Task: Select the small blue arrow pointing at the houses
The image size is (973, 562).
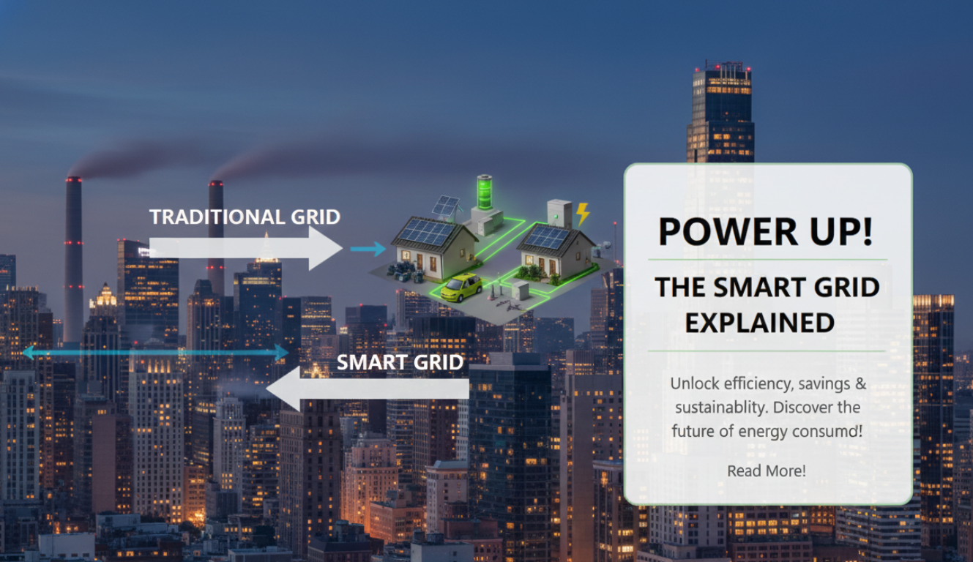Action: [x=368, y=250]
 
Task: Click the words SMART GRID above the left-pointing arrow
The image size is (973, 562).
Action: [x=400, y=362]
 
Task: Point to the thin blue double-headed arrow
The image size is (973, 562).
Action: [x=155, y=353]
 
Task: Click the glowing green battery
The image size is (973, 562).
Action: [x=485, y=192]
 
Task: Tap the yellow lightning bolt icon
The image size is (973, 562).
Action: [x=583, y=214]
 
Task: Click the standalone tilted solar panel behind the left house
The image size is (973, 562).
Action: [x=445, y=206]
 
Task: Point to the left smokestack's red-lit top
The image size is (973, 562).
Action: [x=74, y=180]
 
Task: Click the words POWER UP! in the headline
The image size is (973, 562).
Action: [x=765, y=231]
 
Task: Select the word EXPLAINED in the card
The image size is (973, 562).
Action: [x=759, y=323]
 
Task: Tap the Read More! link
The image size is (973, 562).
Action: [x=766, y=471]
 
